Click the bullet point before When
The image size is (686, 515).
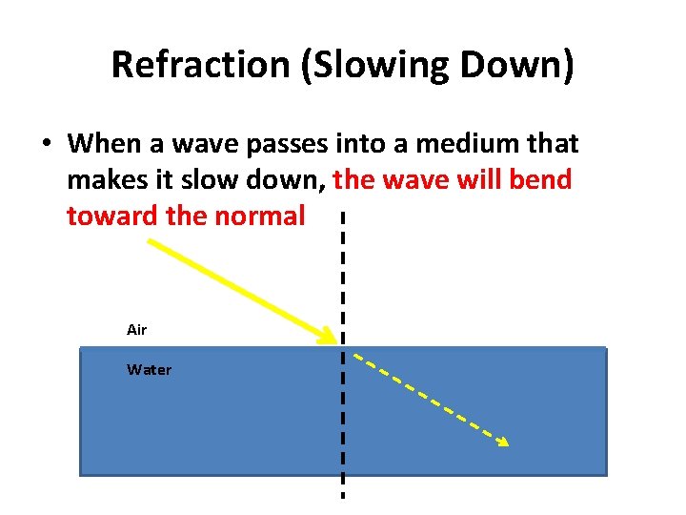click(45, 145)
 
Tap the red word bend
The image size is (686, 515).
click(539, 180)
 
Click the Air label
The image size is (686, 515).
click(136, 330)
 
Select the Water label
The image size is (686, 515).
click(149, 370)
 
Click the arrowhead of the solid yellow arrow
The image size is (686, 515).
click(330, 337)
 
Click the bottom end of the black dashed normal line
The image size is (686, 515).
click(342, 495)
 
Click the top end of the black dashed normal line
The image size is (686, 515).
click(342, 216)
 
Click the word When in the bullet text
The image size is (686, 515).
click(104, 144)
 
